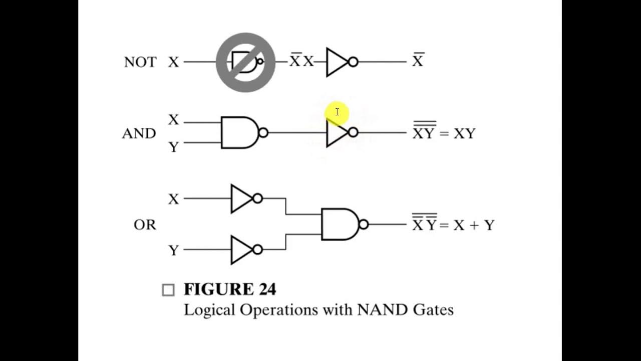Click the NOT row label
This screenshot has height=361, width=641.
pos(140,62)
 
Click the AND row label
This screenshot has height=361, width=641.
pos(139,133)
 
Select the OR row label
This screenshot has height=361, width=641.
pos(145,225)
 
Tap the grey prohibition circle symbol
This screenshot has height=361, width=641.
pos(245,62)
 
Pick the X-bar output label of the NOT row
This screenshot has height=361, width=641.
pos(418,61)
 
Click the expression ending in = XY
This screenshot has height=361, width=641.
pos(444,132)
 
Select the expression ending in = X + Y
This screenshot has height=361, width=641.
pos(453,224)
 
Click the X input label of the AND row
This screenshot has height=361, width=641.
pos(173,120)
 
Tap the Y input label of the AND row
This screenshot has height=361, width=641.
pos(173,146)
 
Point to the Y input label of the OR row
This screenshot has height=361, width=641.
pos(173,250)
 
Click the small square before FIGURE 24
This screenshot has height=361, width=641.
pos(168,290)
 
